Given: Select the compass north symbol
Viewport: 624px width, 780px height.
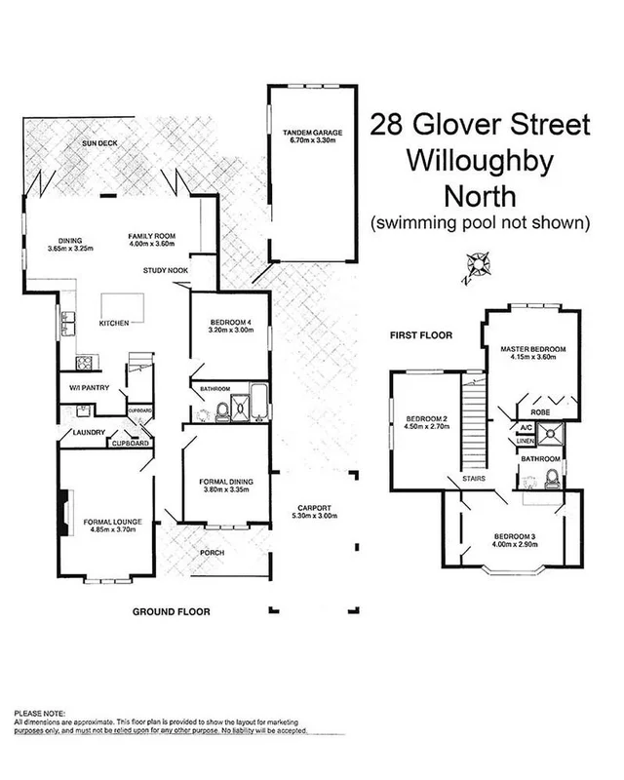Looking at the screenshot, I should click(x=477, y=262).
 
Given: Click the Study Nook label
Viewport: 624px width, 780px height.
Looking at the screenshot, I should click(x=164, y=269).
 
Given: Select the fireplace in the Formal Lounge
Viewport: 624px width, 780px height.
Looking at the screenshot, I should click(x=63, y=508).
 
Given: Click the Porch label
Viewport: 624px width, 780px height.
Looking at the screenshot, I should click(x=211, y=553).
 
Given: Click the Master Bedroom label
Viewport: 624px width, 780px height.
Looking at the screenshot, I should click(x=534, y=348).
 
